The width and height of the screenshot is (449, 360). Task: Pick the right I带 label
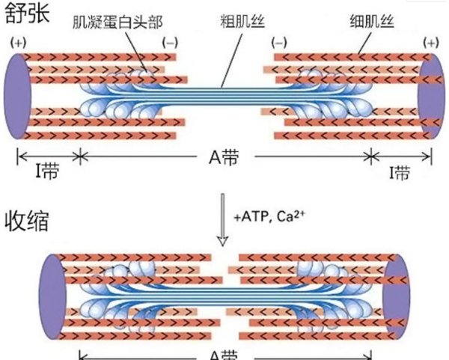click(x=400, y=173)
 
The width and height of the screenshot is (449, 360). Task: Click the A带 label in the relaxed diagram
click(x=224, y=157)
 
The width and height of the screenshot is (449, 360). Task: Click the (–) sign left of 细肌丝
click(x=278, y=43)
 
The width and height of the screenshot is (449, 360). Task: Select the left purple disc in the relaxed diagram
click(x=18, y=95)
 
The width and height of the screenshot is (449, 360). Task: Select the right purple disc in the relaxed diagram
click(x=430, y=95)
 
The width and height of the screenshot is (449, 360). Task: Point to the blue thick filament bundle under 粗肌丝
click(x=224, y=95)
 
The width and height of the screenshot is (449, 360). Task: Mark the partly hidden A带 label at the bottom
click(x=224, y=354)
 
